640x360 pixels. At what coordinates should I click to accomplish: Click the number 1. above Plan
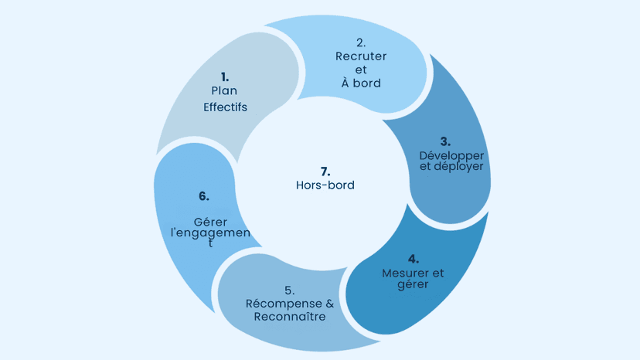(225, 76)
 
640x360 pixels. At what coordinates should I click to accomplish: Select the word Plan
(224, 90)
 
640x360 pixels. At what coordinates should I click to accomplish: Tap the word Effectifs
(225, 107)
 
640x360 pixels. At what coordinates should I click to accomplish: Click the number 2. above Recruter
(361, 42)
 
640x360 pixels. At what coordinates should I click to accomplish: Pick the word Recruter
(361, 56)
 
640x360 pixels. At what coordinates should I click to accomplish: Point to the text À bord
(361, 83)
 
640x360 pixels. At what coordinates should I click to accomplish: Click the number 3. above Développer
(446, 141)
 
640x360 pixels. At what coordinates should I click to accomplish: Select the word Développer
(451, 155)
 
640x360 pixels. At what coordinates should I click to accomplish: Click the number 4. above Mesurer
(414, 259)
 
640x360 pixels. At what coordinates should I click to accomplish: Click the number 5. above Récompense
(289, 290)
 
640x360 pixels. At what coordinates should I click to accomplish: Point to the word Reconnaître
(290, 316)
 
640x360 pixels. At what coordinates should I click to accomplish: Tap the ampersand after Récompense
(329, 303)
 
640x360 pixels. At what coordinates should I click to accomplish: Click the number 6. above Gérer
(203, 196)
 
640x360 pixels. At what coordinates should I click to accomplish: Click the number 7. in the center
(325, 171)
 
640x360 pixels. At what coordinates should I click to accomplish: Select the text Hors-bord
(325, 185)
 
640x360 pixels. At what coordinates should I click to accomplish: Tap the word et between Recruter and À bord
(361, 70)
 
